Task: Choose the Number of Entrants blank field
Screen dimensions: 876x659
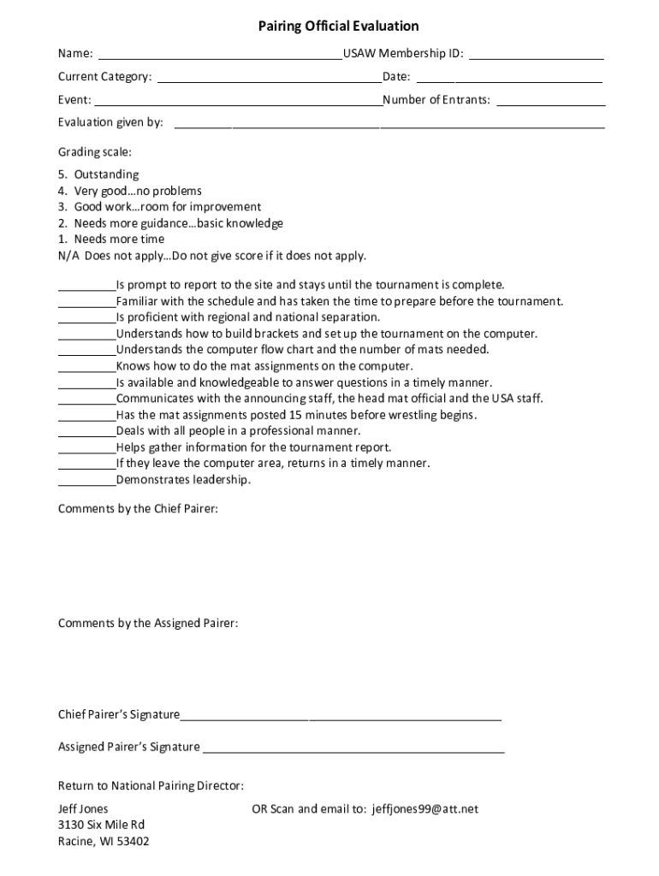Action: point(551,102)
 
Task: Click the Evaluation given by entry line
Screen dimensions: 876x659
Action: point(389,125)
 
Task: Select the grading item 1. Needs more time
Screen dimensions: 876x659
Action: point(111,240)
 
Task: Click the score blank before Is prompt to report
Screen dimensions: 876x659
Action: point(86,287)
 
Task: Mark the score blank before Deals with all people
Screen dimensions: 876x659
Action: point(86,433)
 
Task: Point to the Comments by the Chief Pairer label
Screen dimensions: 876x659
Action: point(138,509)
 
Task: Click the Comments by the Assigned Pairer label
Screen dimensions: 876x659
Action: point(148,623)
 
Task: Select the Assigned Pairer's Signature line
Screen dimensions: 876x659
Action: point(353,749)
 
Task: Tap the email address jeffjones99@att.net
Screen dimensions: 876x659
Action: point(425,808)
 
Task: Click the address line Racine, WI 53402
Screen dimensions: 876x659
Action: point(104,841)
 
